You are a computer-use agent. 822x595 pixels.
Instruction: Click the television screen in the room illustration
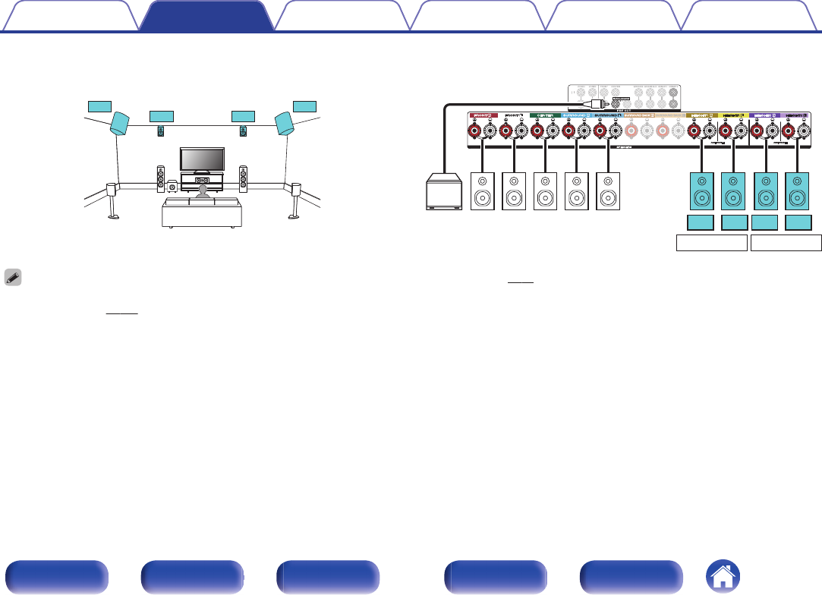click(x=202, y=159)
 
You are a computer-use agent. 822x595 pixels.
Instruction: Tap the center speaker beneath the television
click(x=202, y=181)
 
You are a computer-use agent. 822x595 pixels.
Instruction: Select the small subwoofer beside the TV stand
click(x=173, y=185)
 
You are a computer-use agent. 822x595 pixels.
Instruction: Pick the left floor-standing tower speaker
click(x=160, y=178)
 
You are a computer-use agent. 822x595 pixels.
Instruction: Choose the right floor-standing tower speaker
click(x=243, y=178)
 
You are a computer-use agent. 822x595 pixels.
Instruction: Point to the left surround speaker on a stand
click(x=112, y=192)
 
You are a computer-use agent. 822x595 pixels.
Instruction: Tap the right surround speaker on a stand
click(x=295, y=192)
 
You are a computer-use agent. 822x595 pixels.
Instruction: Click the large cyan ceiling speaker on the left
click(x=119, y=123)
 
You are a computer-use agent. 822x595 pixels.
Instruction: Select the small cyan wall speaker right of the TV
click(x=243, y=131)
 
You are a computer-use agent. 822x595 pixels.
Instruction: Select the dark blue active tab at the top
click(x=206, y=16)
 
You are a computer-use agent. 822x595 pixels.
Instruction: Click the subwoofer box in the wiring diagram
click(x=444, y=192)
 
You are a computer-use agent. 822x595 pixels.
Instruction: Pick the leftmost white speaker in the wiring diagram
click(x=483, y=192)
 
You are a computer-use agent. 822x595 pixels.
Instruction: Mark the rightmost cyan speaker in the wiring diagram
click(x=798, y=192)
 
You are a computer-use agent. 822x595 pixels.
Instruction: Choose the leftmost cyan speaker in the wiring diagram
click(x=702, y=192)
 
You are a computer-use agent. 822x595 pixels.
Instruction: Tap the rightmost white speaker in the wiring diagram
click(x=609, y=192)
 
